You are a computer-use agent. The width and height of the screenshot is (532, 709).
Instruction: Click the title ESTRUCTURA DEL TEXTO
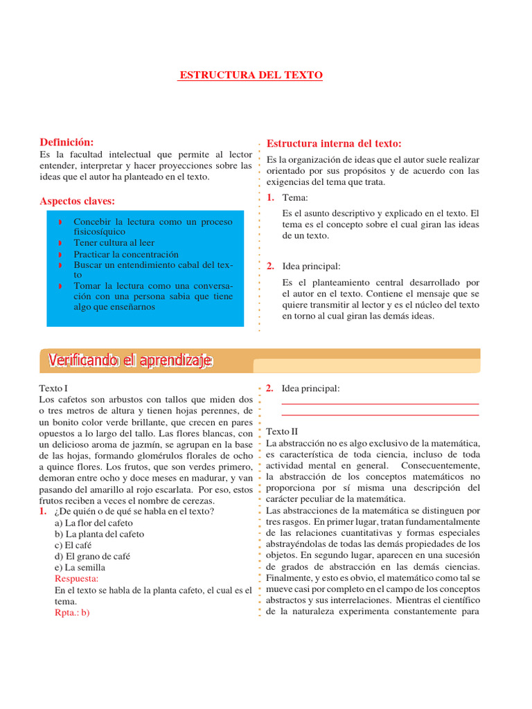(251, 75)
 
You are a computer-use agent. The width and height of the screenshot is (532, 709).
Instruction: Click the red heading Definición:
(66, 142)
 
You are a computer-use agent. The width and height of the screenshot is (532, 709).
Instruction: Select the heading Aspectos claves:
(78, 201)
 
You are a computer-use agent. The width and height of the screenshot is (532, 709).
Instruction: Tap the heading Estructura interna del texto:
(334, 143)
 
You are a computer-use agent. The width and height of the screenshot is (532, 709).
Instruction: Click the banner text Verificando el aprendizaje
(130, 361)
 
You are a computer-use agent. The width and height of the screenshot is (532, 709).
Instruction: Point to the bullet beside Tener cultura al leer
(60, 244)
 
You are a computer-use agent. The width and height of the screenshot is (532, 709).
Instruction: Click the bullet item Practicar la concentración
(126, 254)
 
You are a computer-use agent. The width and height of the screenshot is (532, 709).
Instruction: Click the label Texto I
(55, 388)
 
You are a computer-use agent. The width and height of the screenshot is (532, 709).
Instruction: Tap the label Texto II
(282, 431)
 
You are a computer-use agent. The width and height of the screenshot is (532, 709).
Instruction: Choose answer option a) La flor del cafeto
(94, 523)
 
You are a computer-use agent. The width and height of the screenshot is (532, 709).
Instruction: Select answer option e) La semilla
(80, 567)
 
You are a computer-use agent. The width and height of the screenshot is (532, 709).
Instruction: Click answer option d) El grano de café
(92, 556)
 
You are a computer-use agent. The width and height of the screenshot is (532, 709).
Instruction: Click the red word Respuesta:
(76, 578)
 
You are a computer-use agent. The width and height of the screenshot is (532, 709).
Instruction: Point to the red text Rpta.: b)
(72, 612)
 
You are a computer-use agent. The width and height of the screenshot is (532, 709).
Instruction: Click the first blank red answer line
(380, 404)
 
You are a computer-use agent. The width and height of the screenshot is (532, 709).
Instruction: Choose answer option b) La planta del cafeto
(99, 534)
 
